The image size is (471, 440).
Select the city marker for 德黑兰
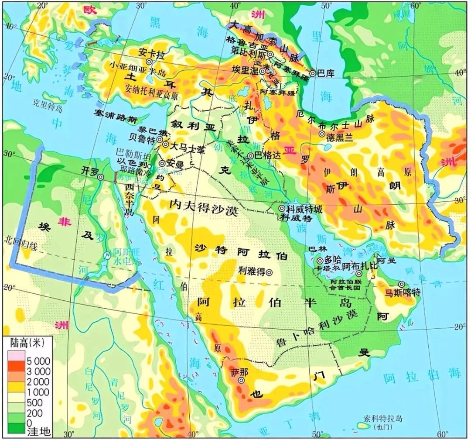[321, 134]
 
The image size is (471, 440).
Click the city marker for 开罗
[100, 177]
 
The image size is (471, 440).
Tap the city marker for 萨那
[241, 380]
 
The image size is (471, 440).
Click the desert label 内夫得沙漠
[203, 212]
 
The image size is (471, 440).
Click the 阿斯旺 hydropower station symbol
[107, 256]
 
